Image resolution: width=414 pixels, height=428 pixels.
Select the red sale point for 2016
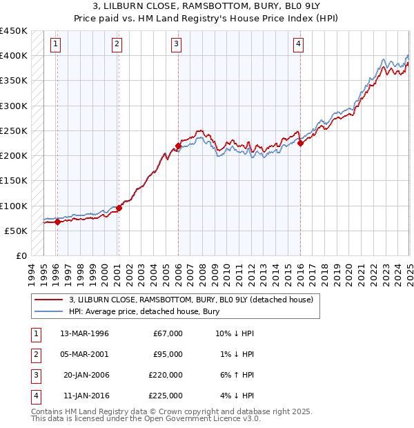(x=301, y=144)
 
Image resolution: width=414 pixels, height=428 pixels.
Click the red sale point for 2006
(x=178, y=146)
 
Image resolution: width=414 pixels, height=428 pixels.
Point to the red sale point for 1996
(x=57, y=222)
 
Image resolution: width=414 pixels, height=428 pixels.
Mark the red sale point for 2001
(x=119, y=208)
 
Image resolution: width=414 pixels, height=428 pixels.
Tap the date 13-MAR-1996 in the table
(x=85, y=333)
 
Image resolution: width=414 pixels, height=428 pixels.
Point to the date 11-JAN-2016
(x=85, y=396)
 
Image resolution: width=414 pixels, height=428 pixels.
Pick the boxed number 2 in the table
(x=34, y=354)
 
